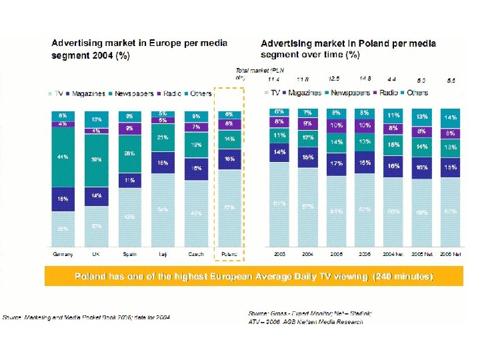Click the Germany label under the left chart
coord(63,254)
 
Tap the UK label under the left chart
coord(97,254)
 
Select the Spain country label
coord(129,254)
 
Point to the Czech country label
coord(195,254)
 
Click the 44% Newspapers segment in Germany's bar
coord(63,157)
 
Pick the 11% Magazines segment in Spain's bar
coord(129,180)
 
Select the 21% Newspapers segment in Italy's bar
coord(163,138)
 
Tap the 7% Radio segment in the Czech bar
coord(196,127)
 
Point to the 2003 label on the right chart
coord(279,254)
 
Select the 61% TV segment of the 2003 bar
coord(279,203)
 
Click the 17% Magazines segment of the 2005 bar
coord(337,163)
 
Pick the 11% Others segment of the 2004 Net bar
coord(395,115)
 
